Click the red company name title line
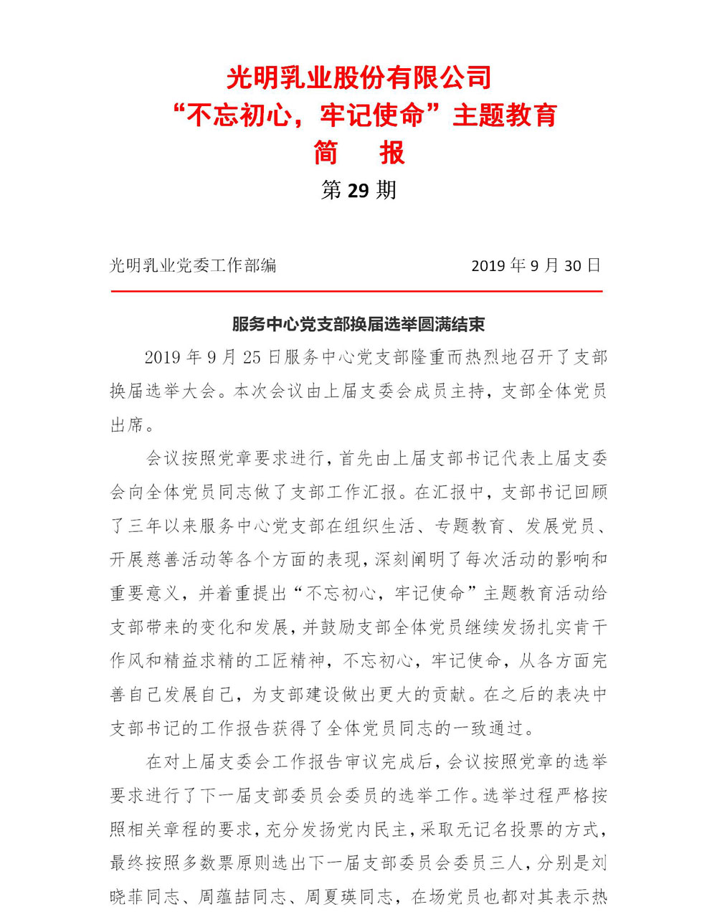click(x=358, y=77)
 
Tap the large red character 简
click(x=326, y=153)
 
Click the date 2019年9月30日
click(x=535, y=266)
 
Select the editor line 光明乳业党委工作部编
click(x=193, y=266)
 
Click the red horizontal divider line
click(x=356, y=292)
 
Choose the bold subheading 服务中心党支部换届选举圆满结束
click(x=358, y=324)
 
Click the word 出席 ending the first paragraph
click(x=128, y=425)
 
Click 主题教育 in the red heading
click(x=505, y=115)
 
